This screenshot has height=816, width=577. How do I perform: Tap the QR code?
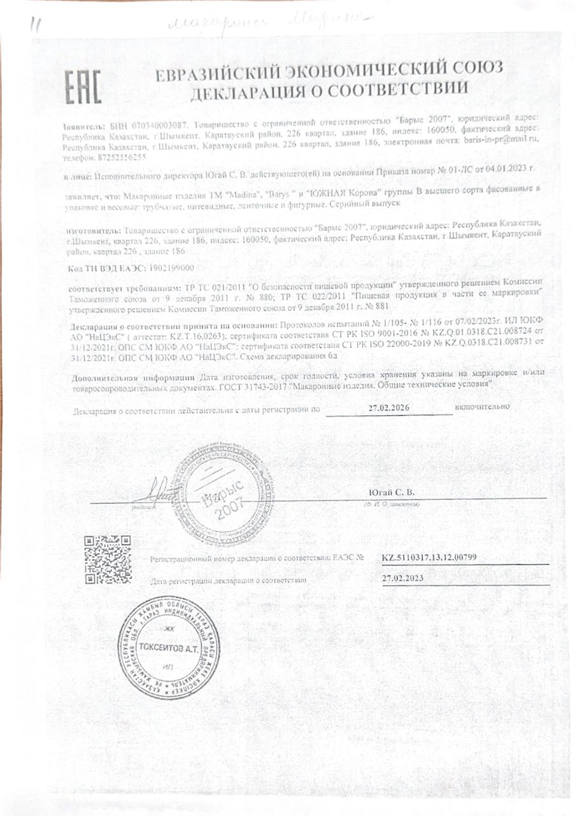pyautogui.click(x=108, y=559)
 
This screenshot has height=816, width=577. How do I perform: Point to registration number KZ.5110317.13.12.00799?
pyautogui.click(x=429, y=558)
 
